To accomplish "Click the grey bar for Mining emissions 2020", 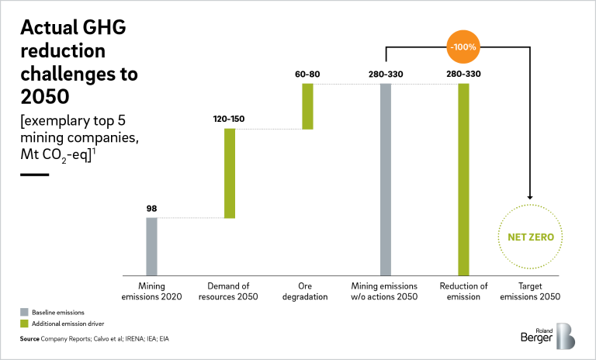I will (x=151, y=246).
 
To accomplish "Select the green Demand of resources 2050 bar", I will (x=230, y=173).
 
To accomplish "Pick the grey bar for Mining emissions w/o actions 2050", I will (x=386, y=178).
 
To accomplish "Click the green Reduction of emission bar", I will (x=463, y=178).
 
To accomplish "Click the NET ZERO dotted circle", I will (x=532, y=237).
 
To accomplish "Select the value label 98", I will (x=151, y=208).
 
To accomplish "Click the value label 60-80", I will (x=307, y=74).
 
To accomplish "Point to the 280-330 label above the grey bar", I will (x=386, y=74).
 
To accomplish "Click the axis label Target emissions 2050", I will (x=532, y=291).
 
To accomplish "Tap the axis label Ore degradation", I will (x=307, y=291).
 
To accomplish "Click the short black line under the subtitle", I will (x=34, y=175).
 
